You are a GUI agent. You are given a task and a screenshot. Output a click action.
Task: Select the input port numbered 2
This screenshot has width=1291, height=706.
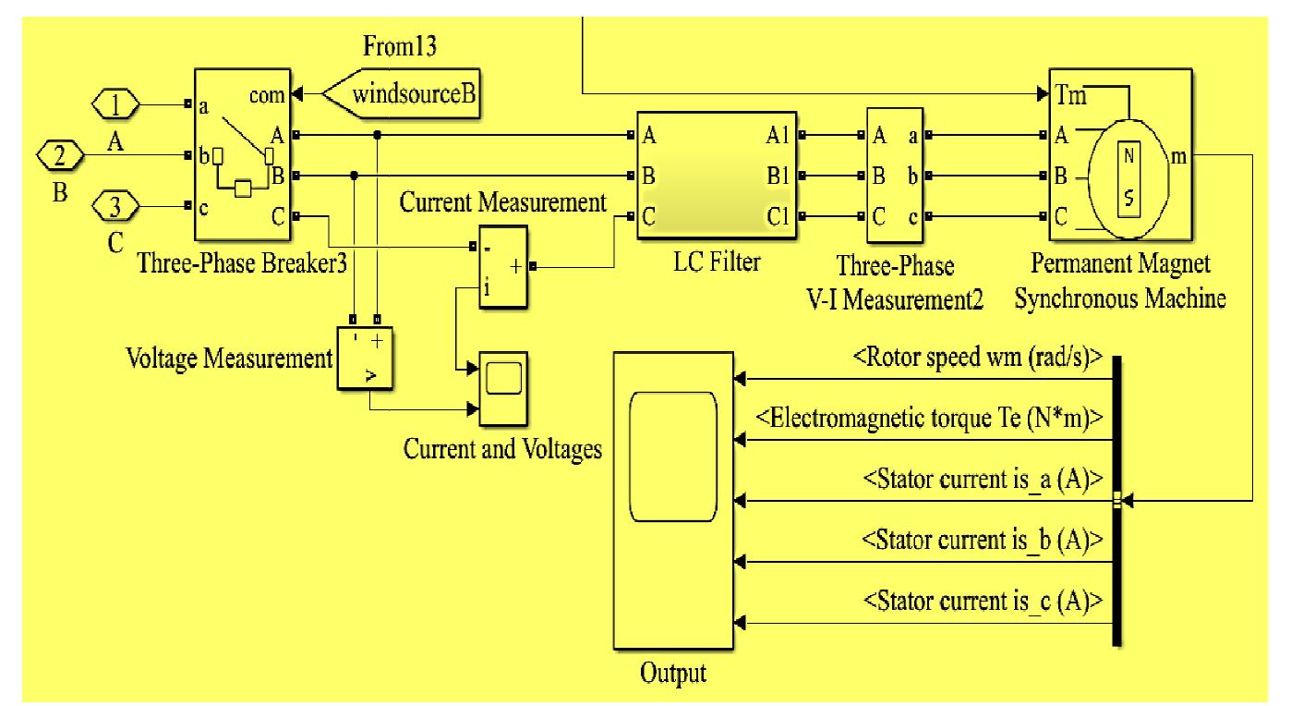click(x=58, y=156)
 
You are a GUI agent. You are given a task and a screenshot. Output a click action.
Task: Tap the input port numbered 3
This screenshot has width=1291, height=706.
click(x=115, y=206)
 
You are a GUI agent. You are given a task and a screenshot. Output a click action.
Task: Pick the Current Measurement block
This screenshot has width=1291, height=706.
click(x=501, y=265)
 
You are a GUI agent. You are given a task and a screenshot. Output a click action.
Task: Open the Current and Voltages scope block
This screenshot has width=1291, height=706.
click(x=502, y=388)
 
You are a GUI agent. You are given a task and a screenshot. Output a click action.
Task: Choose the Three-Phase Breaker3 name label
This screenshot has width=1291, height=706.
click(x=241, y=264)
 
